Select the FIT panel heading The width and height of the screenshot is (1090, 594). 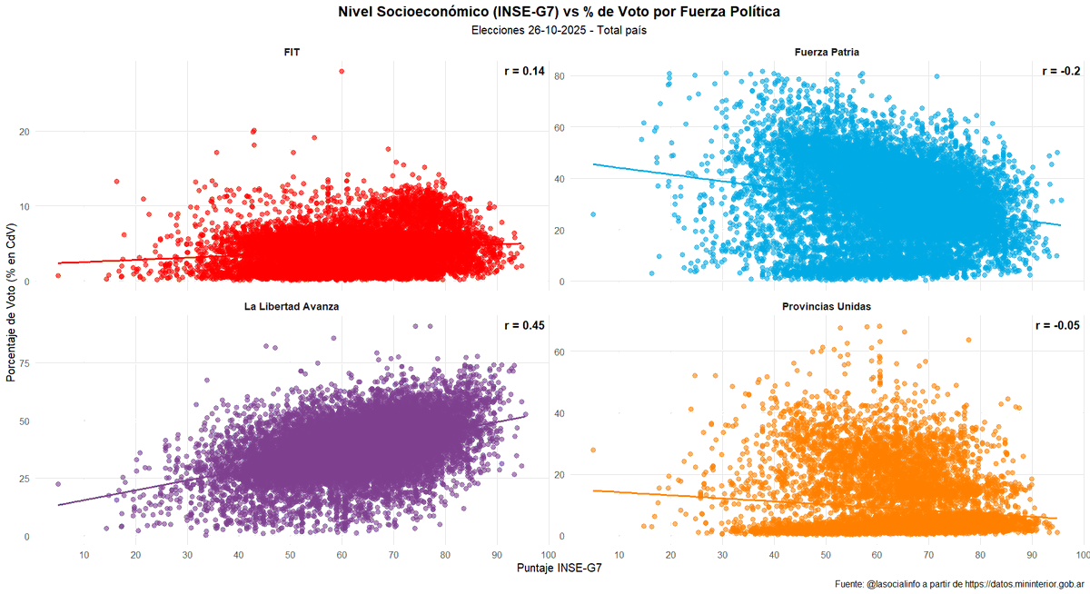[x=291, y=53]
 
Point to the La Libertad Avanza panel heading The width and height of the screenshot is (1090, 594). [x=291, y=307]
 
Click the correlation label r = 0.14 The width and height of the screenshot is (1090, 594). [x=524, y=71]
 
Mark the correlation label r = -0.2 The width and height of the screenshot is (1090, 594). [x=1060, y=71]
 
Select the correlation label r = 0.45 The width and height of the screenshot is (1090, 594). [x=524, y=325]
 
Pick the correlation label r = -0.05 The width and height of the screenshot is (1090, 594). [x=1057, y=325]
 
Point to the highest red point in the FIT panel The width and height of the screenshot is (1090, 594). [x=342, y=71]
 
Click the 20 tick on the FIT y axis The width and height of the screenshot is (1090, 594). [x=25, y=132]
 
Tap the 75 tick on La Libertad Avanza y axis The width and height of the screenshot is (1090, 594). [x=25, y=362]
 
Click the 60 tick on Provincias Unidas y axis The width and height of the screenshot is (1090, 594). [x=560, y=351]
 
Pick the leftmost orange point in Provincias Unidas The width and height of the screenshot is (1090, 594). [x=593, y=450]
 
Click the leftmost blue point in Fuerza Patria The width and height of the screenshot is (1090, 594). [x=593, y=214]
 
